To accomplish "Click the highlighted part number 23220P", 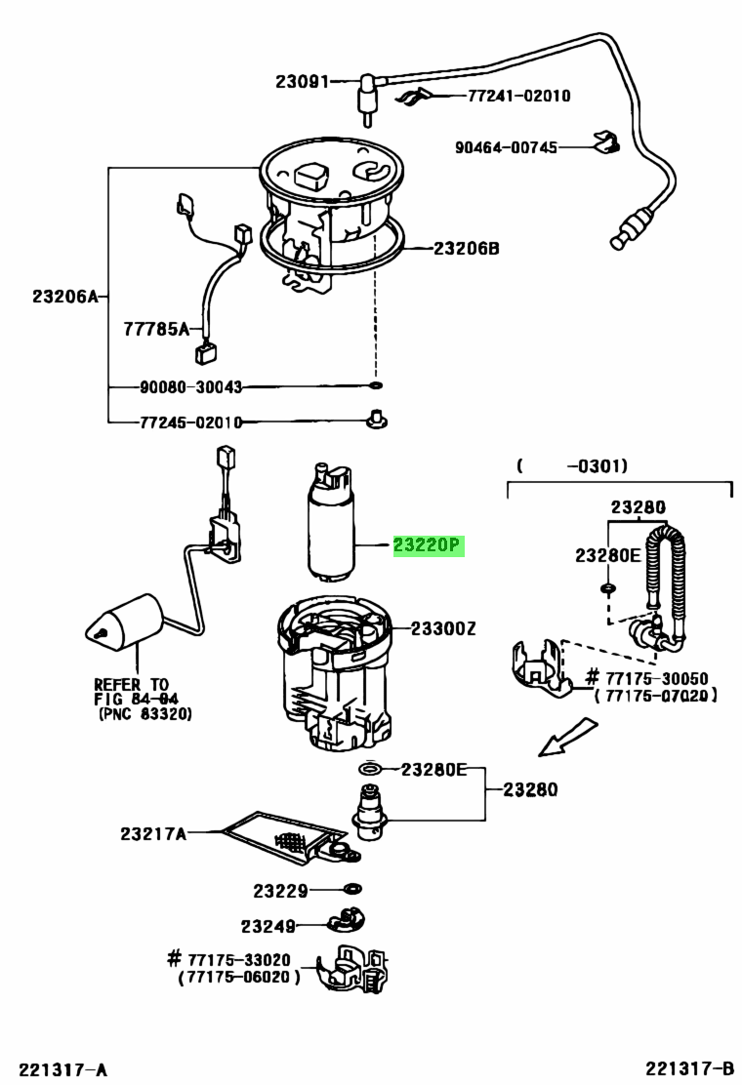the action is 427,546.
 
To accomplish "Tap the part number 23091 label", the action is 302,82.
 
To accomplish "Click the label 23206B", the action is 466,248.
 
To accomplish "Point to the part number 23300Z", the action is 443,628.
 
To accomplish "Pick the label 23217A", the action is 153,833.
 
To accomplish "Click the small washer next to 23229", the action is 352,889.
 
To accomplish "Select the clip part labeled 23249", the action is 346,921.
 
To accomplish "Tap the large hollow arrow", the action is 567,737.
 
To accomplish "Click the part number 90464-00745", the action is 506,147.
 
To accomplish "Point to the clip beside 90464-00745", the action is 607,141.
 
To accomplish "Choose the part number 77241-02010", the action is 519,96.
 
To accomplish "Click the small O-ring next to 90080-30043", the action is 375,384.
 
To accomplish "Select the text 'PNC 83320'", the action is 146,713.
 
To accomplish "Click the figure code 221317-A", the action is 63,1069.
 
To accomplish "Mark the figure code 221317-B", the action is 689,1069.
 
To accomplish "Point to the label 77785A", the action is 156,329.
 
